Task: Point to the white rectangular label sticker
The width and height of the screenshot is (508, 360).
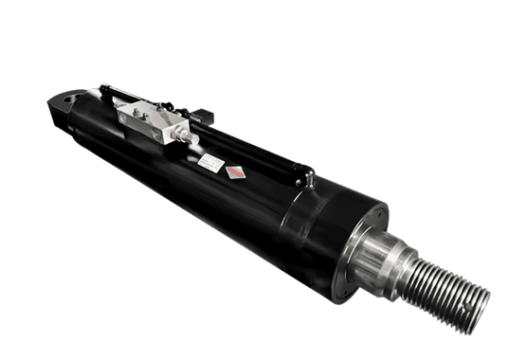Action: coord(210,166)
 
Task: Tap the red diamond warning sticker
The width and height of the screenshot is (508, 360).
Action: coord(234,172)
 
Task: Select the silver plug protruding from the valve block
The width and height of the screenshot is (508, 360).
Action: coord(189,138)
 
